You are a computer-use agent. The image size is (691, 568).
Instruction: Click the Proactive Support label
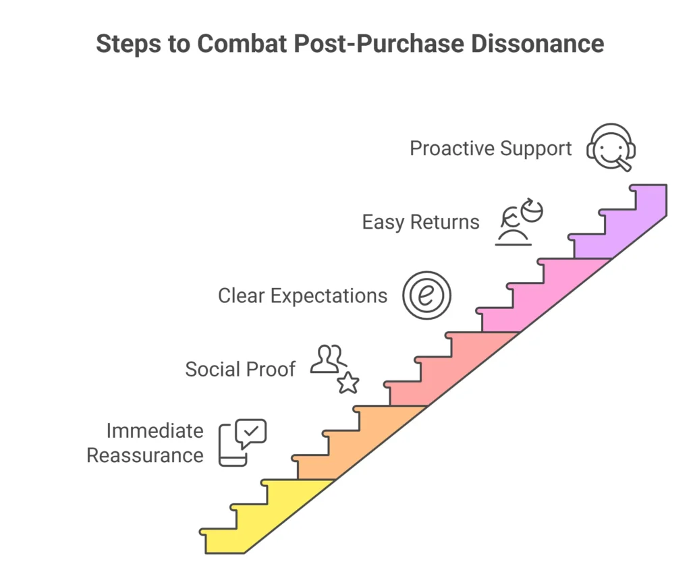[x=491, y=148]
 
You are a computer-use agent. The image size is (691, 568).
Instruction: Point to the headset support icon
[x=611, y=147]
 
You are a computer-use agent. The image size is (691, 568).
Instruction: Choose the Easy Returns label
[x=420, y=222]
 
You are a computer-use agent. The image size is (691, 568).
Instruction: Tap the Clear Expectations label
[x=302, y=295]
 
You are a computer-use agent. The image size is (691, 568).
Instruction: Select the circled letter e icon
[x=426, y=295]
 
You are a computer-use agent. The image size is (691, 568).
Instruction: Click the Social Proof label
[x=240, y=369]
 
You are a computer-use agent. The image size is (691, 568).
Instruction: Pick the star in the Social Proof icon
[x=348, y=383]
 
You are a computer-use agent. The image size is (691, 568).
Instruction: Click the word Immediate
[x=155, y=430]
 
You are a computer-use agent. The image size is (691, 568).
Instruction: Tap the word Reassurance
[x=144, y=455]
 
